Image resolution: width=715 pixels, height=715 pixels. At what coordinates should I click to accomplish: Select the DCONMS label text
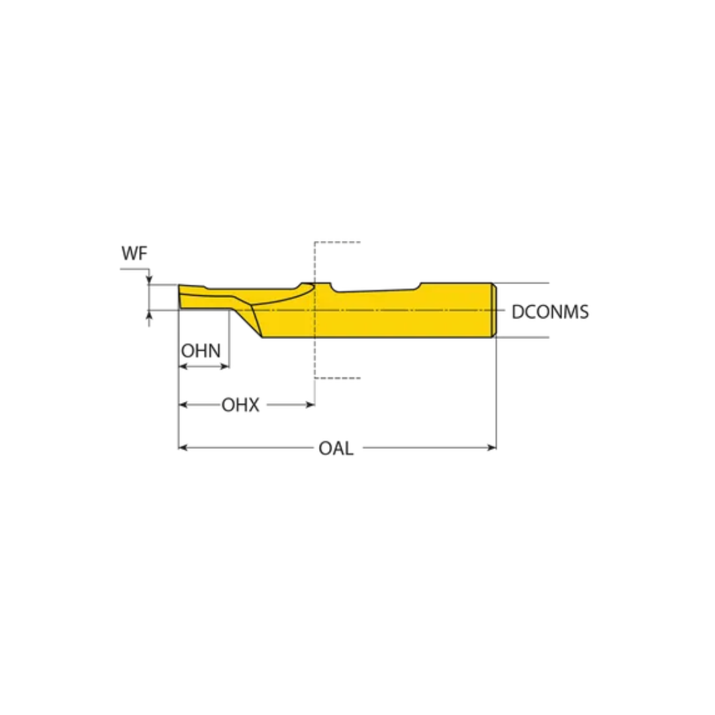549,312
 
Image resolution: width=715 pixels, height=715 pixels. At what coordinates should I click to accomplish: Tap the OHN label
201,351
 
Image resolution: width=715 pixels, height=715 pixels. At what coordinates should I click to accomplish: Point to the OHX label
240,405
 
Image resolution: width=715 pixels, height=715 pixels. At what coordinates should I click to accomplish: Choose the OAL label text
336,448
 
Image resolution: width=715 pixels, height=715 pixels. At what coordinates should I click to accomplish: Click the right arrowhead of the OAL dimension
492,448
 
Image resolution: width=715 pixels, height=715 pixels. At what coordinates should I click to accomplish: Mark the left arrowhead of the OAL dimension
183,448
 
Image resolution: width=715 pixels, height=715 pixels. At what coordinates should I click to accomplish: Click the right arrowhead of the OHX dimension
310,405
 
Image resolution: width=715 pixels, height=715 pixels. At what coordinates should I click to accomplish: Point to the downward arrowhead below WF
150,279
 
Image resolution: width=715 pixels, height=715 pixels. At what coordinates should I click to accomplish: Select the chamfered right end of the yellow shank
493,310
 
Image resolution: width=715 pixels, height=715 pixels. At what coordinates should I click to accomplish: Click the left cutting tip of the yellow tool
181,296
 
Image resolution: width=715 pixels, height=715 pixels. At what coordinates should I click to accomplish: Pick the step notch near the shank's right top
419,285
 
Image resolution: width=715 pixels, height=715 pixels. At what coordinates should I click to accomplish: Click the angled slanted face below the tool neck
253,322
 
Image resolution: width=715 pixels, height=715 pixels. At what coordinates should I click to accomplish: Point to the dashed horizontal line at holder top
338,242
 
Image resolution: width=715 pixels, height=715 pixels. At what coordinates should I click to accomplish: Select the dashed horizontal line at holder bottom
338,378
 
